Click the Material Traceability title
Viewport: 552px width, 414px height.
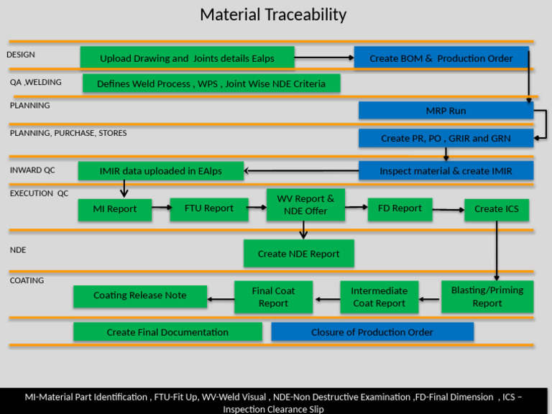tap(273, 14)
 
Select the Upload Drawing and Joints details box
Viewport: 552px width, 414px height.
tap(187, 58)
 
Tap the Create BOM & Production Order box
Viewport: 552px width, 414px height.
tap(441, 58)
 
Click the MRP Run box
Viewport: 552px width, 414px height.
tap(446, 111)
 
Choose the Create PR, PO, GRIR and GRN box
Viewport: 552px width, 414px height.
tap(446, 138)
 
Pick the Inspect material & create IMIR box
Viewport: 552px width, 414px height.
tap(446, 170)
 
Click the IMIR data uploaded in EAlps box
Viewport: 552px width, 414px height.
tap(160, 170)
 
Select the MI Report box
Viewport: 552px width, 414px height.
tap(115, 209)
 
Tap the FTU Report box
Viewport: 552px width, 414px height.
tap(208, 208)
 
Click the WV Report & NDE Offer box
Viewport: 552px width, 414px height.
tap(305, 205)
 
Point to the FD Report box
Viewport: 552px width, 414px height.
tap(400, 208)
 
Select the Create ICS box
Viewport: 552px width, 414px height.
tap(496, 209)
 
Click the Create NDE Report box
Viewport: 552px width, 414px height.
tap(298, 254)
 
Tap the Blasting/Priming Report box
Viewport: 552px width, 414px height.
tap(487, 296)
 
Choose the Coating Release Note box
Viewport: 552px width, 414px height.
tap(139, 295)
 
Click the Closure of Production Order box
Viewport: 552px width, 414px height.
tap(372, 332)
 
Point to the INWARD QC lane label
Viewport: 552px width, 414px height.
tap(32, 170)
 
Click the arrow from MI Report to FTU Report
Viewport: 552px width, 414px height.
tap(161, 208)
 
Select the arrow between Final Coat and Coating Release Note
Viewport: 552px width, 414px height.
tap(221, 296)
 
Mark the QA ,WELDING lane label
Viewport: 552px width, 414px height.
tap(36, 83)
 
